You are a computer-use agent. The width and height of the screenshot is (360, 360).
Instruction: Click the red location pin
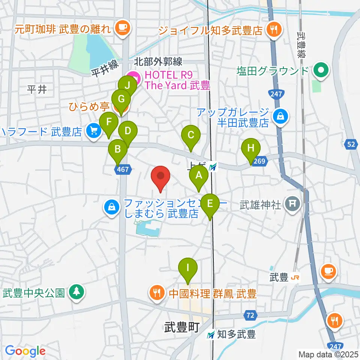[160, 177]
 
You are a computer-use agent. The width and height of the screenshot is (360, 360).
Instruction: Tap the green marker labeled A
[198, 175]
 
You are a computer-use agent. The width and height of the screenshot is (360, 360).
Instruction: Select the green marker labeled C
[191, 135]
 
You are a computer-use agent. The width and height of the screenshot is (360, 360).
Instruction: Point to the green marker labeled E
[210, 204]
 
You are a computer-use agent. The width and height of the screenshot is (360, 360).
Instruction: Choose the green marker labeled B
[118, 150]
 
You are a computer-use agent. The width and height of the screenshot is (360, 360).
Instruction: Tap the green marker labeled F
[109, 122]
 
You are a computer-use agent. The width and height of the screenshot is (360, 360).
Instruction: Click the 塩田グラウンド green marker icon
[321, 70]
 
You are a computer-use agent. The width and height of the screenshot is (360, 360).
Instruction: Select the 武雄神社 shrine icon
[291, 204]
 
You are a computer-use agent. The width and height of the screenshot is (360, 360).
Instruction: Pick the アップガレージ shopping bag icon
[280, 117]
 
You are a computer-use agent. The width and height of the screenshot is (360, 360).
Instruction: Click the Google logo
[25, 351]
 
